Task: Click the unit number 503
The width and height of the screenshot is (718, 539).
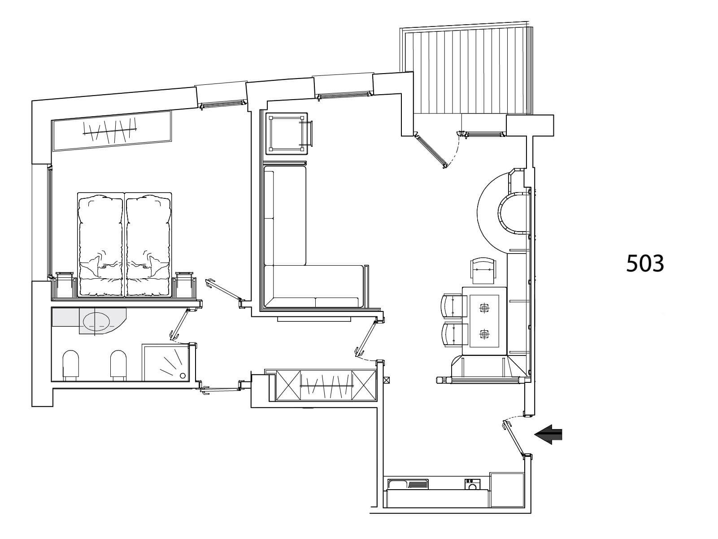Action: [x=645, y=263]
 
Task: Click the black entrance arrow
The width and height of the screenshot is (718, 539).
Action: [x=548, y=434]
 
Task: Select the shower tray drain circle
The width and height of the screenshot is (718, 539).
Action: [x=183, y=376]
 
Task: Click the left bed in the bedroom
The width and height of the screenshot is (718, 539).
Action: [x=101, y=245]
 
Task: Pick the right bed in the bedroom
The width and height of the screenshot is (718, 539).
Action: [x=148, y=245]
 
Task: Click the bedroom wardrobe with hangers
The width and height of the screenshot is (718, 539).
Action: [x=112, y=131]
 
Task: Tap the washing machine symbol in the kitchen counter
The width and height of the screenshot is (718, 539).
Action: [x=473, y=484]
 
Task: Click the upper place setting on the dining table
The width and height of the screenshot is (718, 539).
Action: [x=484, y=308]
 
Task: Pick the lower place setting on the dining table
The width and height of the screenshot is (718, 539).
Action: [x=484, y=334]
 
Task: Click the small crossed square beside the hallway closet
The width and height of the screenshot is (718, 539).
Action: [x=387, y=380]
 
